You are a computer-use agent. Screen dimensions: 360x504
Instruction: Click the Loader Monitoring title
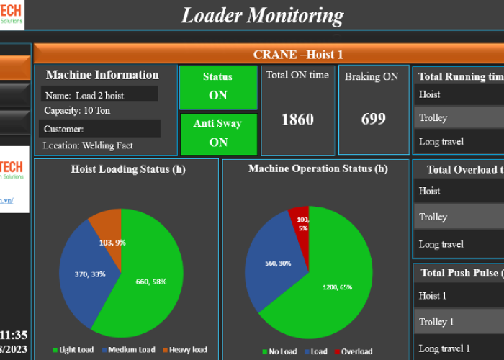[x=262, y=15]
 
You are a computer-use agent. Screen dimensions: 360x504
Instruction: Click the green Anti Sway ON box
[x=218, y=133]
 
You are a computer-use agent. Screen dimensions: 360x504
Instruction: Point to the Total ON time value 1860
[x=297, y=120]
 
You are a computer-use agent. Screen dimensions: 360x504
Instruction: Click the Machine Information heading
[x=102, y=75]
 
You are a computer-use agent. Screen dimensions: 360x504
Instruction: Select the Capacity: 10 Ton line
[x=77, y=111]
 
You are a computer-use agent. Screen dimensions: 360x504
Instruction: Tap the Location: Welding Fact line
[x=89, y=145]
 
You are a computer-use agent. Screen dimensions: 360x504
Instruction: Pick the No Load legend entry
[x=281, y=351]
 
